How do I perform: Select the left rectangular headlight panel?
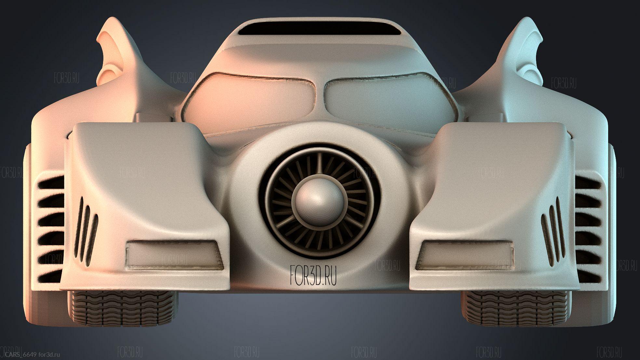pyautogui.click(x=175, y=256)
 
